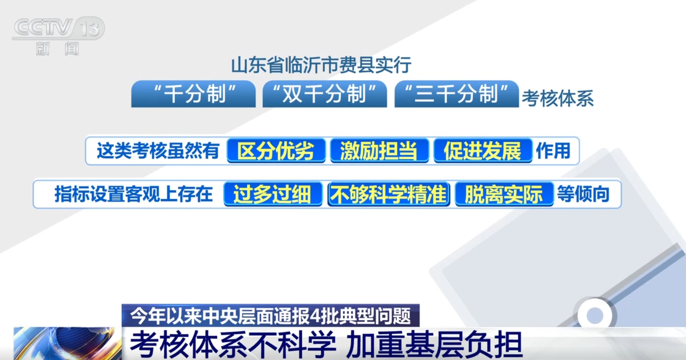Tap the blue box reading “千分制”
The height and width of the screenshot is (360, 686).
pos(193,94)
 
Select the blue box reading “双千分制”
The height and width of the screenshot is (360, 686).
pos(325,94)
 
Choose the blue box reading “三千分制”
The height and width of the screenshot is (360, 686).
pos(456,94)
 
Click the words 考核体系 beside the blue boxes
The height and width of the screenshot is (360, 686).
pos(558,99)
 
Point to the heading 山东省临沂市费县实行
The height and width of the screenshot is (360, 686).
pos(321,65)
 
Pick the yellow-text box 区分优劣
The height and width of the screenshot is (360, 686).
pos(276,151)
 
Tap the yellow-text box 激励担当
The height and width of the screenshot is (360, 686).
pos(379,151)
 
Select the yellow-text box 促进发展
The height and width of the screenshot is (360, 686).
pos(483,151)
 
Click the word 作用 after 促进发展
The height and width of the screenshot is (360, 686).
pos(553,151)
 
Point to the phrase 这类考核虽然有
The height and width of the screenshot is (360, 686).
pos(158,151)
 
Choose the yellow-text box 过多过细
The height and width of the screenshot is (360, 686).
pos(273,194)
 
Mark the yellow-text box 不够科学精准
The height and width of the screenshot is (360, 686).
pos(389,194)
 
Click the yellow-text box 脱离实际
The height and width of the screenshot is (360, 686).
pos(504,194)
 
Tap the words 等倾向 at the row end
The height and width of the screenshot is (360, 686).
pos(583,194)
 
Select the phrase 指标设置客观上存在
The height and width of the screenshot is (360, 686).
pos(133,194)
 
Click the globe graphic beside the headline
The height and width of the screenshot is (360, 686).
pos(67,343)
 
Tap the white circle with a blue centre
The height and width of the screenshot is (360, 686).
pos(595,315)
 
